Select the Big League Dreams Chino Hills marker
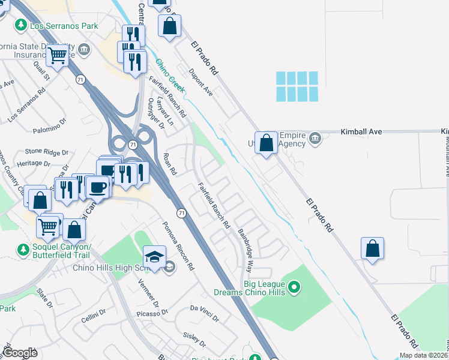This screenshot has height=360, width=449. click(x=294, y=288)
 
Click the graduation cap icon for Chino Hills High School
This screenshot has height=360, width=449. click(x=154, y=257)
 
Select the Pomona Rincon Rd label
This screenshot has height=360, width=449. click(x=179, y=244)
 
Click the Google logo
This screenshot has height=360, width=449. click(x=20, y=353)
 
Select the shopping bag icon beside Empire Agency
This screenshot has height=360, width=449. click(x=266, y=143)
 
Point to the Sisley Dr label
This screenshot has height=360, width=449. click(x=194, y=340)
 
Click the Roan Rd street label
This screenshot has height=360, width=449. click(x=170, y=163)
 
